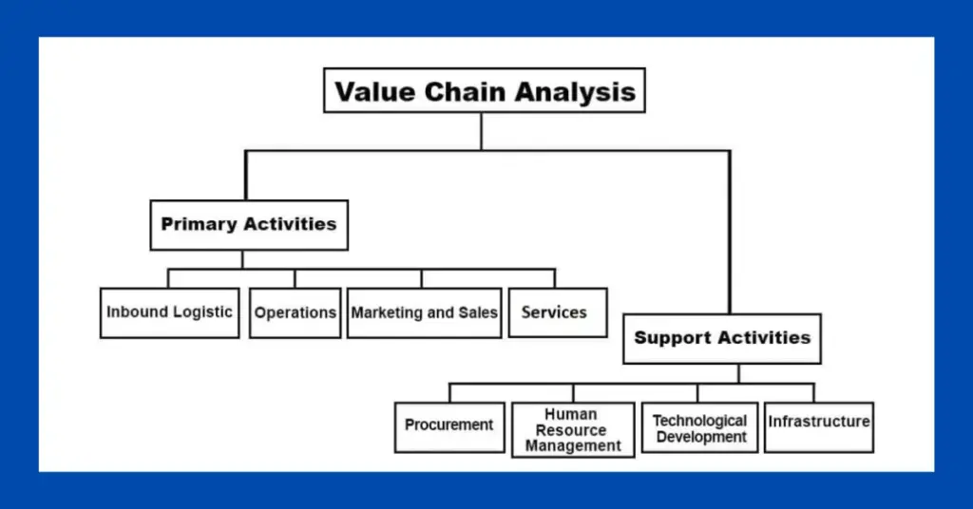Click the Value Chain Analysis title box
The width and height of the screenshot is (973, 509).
coord(484,90)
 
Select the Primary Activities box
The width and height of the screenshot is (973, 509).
coord(249,225)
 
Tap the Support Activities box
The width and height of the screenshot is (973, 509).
coord(722,338)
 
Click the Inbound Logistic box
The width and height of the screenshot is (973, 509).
coord(169,312)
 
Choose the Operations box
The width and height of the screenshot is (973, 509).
coord(296,312)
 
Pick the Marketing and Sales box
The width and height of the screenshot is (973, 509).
coord(425,312)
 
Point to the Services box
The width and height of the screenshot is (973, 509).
coord(558,312)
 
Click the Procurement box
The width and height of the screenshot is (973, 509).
coord(449,427)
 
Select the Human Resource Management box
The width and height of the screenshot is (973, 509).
coord(573,429)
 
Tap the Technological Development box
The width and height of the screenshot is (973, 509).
coord(700,427)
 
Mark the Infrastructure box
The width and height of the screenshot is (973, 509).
coord(819,427)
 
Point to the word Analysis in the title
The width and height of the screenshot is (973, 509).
coord(575,93)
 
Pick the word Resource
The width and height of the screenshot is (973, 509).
coord(571,429)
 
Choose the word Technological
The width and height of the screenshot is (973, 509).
coord(700,421)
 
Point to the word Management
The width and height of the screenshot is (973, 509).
coord(573,445)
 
